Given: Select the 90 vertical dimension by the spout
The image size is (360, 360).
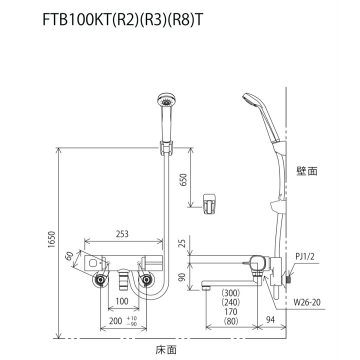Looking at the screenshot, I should pyautogui.click(x=182, y=276).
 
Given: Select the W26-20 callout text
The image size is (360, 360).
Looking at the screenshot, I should pyautogui.click(x=307, y=301).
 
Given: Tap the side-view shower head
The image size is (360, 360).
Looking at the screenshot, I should pyautogui.click(x=250, y=100).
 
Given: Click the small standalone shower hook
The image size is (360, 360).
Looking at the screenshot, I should pyautogui.click(x=208, y=202).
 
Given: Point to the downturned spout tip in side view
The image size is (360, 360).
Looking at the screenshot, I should pyautogui.click(x=205, y=286).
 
